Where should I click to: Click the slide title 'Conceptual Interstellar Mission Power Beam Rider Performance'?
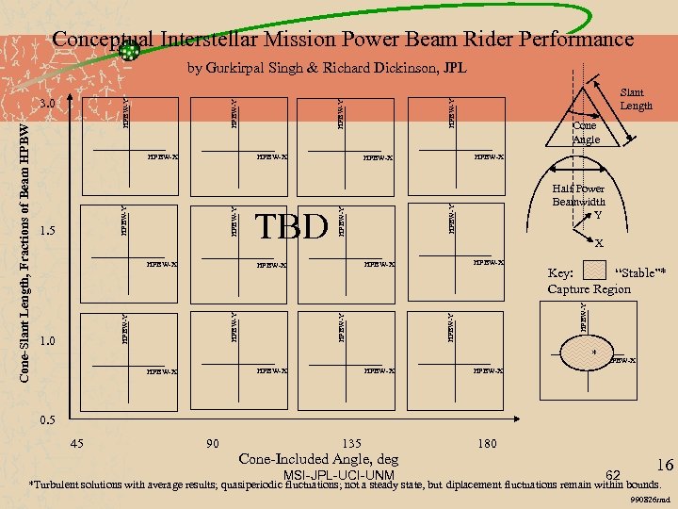343,40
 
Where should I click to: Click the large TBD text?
293,226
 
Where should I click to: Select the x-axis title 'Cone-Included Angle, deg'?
319,459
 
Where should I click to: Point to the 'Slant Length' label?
637,99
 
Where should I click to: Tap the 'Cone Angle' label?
586,132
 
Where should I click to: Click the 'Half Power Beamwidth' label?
578,195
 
